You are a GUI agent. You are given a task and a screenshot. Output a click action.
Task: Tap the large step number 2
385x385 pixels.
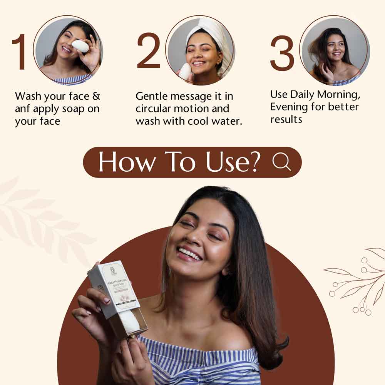pos(148,51)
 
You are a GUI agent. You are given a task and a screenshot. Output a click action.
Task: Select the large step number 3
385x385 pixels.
pos(282,53)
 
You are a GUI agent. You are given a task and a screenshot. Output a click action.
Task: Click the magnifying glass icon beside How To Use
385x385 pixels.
pos(281,162)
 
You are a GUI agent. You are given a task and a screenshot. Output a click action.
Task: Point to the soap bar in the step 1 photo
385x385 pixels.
pos(80,46)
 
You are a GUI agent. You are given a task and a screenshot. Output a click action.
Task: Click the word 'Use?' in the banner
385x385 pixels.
pos(236,162)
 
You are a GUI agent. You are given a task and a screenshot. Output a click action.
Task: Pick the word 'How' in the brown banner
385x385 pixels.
pos(123,162)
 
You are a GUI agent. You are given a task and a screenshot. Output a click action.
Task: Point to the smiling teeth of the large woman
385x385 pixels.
pos(190,253)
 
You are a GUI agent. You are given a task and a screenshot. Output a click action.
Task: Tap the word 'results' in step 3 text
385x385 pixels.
pos(286,119)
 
